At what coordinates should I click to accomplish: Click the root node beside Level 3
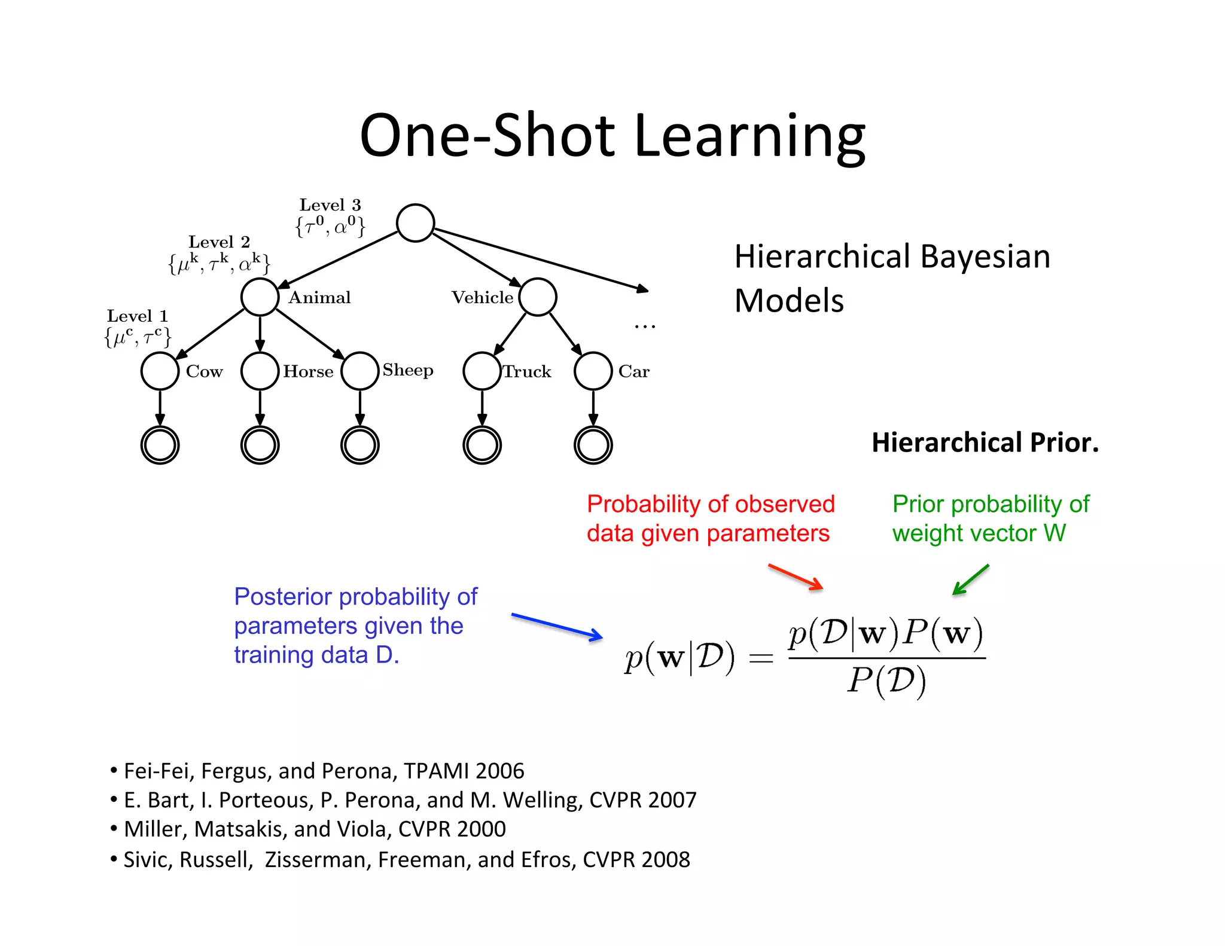pyautogui.click(x=415, y=223)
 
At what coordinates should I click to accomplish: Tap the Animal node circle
pyautogui.click(x=260, y=297)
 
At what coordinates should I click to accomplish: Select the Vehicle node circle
pyautogui.click(x=538, y=297)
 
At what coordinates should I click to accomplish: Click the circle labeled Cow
pyautogui.click(x=160, y=371)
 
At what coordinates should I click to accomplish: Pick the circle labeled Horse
pyautogui.click(x=260, y=371)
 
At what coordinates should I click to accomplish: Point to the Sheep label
pyautogui.click(x=408, y=370)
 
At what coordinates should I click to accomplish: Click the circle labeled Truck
pyautogui.click(x=482, y=371)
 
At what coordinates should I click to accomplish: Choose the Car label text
pyautogui.click(x=633, y=371)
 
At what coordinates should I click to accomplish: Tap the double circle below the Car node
pyautogui.click(x=593, y=445)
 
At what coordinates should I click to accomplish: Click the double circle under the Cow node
pyautogui.click(x=160, y=445)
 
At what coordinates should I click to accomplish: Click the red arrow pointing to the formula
pyautogui.click(x=796, y=576)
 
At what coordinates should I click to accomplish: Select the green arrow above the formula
pyautogui.click(x=970, y=579)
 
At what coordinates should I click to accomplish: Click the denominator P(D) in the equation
pyautogui.click(x=886, y=680)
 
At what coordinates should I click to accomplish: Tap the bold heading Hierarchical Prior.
pyautogui.click(x=985, y=443)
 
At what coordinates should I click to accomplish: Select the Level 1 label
pyautogui.click(x=137, y=316)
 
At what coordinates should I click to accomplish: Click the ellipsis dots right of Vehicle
pyautogui.click(x=645, y=326)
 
